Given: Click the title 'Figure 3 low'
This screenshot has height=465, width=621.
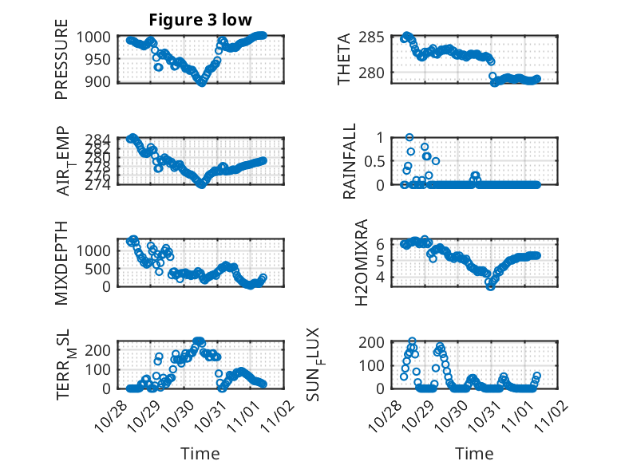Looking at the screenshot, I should pos(201,20).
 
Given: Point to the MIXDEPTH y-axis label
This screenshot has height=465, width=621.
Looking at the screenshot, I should pos(61,262).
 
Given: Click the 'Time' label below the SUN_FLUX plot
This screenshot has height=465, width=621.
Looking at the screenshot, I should pos(474,454).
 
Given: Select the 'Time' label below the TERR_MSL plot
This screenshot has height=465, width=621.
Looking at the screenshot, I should pos(200,454).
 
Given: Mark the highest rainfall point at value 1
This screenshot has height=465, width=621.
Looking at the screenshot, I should pos(409,137).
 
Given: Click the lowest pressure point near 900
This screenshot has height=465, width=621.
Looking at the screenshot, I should pos(201,81).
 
